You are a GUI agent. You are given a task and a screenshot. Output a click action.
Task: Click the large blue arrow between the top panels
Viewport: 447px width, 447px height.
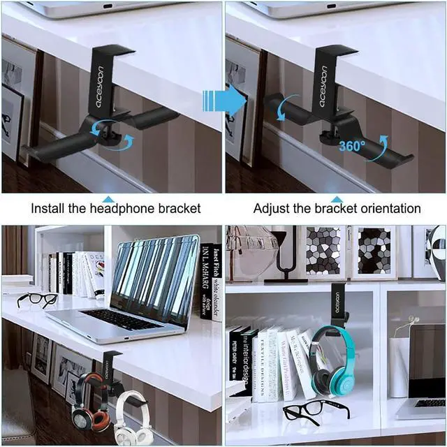(223, 101)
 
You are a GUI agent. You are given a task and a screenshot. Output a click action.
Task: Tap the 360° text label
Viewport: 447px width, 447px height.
(351, 147)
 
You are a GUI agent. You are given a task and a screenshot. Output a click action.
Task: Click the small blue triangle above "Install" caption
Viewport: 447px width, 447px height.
(108, 199)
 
